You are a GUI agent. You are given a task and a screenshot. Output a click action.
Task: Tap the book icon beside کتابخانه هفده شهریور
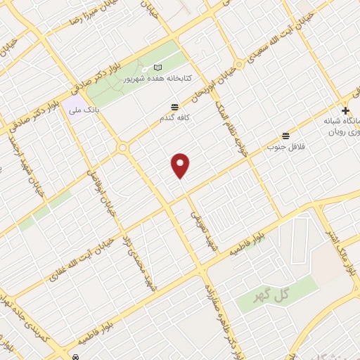[x=157, y=68]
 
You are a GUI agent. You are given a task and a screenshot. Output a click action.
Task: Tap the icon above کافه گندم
[x=174, y=107]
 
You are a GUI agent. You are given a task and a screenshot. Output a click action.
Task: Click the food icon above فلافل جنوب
[x=285, y=136]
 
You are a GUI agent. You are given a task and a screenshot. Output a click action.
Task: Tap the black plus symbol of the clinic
[x=345, y=111]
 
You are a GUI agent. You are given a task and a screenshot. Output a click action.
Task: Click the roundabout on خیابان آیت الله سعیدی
[x=240, y=64]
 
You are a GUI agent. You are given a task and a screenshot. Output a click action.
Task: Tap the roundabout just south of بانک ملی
[x=122, y=148]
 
